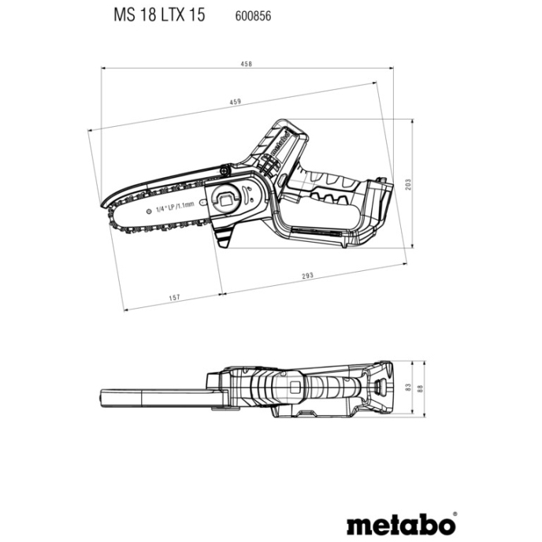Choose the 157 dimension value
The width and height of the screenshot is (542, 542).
point(175,297)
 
